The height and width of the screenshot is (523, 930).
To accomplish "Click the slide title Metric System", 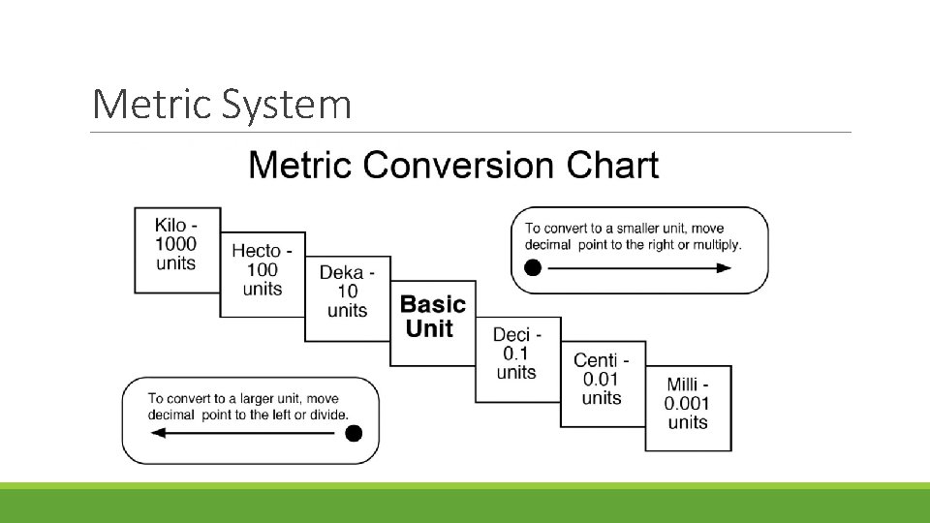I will (x=221, y=105).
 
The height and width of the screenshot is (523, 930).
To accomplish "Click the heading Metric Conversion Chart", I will (x=453, y=166).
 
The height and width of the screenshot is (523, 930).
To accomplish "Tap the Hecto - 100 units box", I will (x=262, y=270).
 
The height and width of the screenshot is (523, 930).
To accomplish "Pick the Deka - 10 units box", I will (x=347, y=291).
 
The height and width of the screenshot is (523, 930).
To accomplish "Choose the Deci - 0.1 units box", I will (x=516, y=354).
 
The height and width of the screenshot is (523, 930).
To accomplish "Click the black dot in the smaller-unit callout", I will (x=532, y=268).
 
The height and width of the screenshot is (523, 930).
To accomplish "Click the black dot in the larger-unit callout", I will (x=355, y=433).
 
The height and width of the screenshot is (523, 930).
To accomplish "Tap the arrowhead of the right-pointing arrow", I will (x=724, y=268).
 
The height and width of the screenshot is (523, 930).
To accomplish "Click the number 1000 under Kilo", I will (x=175, y=245).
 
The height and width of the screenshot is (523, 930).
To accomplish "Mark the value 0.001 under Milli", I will (x=687, y=403).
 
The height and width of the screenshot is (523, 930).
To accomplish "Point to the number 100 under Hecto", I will (x=262, y=270).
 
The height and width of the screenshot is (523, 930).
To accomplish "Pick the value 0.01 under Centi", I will (x=602, y=379).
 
